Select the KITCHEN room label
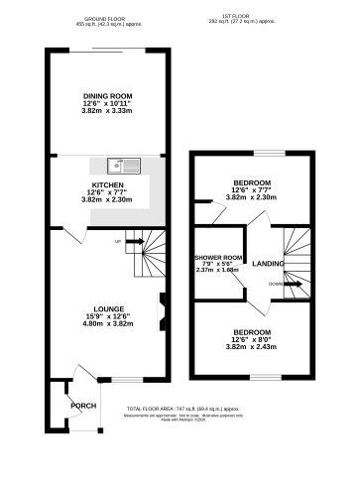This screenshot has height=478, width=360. point(107,184)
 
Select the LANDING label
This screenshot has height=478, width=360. point(268,264)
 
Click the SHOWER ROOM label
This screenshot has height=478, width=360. point(218,256)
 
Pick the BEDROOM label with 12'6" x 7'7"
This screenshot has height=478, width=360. point(250,183)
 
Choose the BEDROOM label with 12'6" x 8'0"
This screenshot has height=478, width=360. point(250,331)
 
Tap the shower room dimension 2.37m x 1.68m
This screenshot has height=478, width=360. point(218,270)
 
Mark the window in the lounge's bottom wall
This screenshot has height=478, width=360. point(126,378)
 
